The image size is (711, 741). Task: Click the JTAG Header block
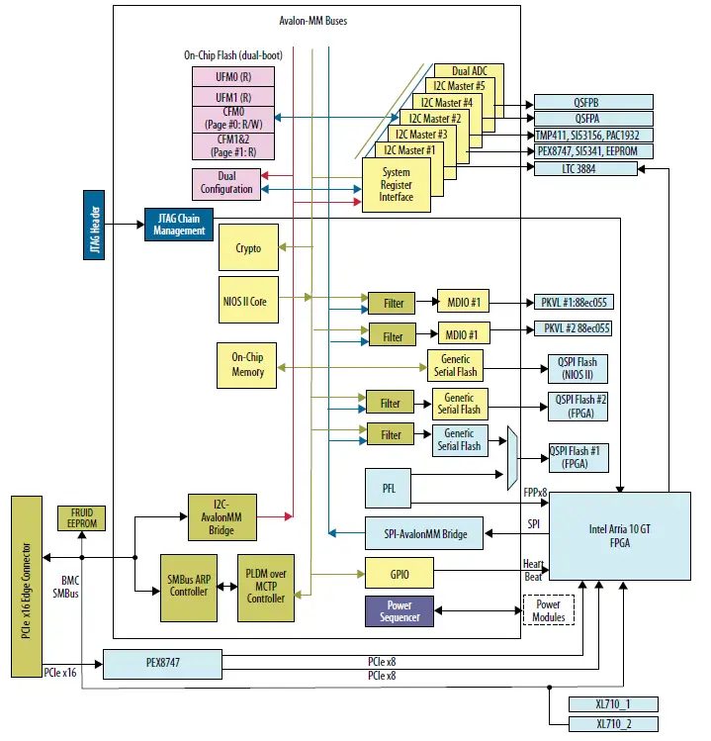96,225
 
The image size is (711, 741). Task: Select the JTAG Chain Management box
179,224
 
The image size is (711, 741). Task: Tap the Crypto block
248,248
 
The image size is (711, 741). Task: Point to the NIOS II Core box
248,296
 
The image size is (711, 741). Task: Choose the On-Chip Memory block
248,365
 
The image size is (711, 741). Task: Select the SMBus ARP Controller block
188,585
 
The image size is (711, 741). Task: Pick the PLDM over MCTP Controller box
265,585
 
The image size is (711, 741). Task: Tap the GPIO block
399,574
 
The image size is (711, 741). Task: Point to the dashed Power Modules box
549,610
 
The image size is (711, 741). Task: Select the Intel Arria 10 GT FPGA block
619,535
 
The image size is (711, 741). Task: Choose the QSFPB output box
593,101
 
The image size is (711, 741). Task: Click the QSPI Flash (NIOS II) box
578,368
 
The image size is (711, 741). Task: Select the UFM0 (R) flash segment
232,77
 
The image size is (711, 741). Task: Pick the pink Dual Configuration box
226,183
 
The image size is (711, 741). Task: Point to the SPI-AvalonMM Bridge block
424,533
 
